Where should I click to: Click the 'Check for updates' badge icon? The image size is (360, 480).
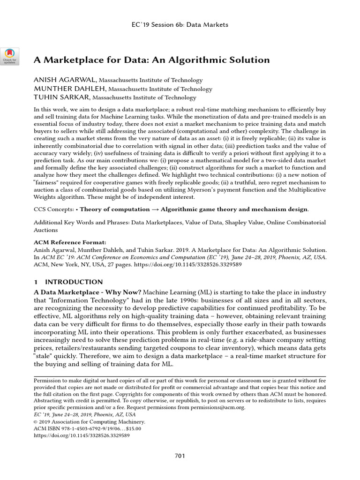pyautogui.click(x=9, y=56)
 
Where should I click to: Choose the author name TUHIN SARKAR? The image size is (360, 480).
pyautogui.click(x=62, y=98)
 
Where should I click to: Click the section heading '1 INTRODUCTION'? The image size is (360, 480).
pyautogui.click(x=68, y=282)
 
